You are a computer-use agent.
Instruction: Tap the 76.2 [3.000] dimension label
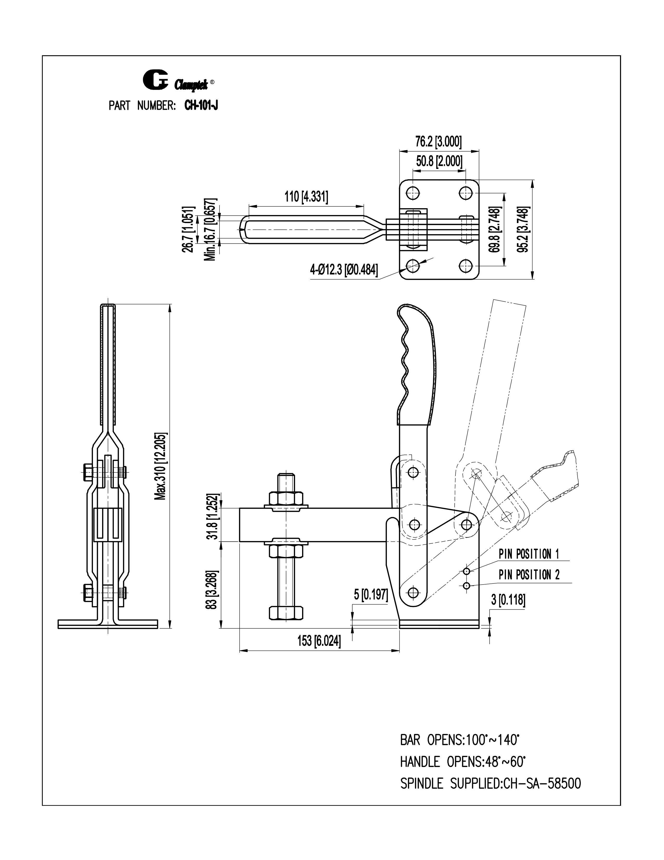pyautogui.click(x=439, y=142)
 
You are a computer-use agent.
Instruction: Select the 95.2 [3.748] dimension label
pyautogui.click(x=523, y=230)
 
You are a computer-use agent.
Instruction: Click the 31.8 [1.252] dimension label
pyautogui.click(x=213, y=516)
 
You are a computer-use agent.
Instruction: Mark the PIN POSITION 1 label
pyautogui.click(x=529, y=554)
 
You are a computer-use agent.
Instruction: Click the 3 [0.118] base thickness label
pyautogui.click(x=508, y=600)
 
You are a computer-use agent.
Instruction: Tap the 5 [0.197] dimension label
pyautogui.click(x=371, y=595)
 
